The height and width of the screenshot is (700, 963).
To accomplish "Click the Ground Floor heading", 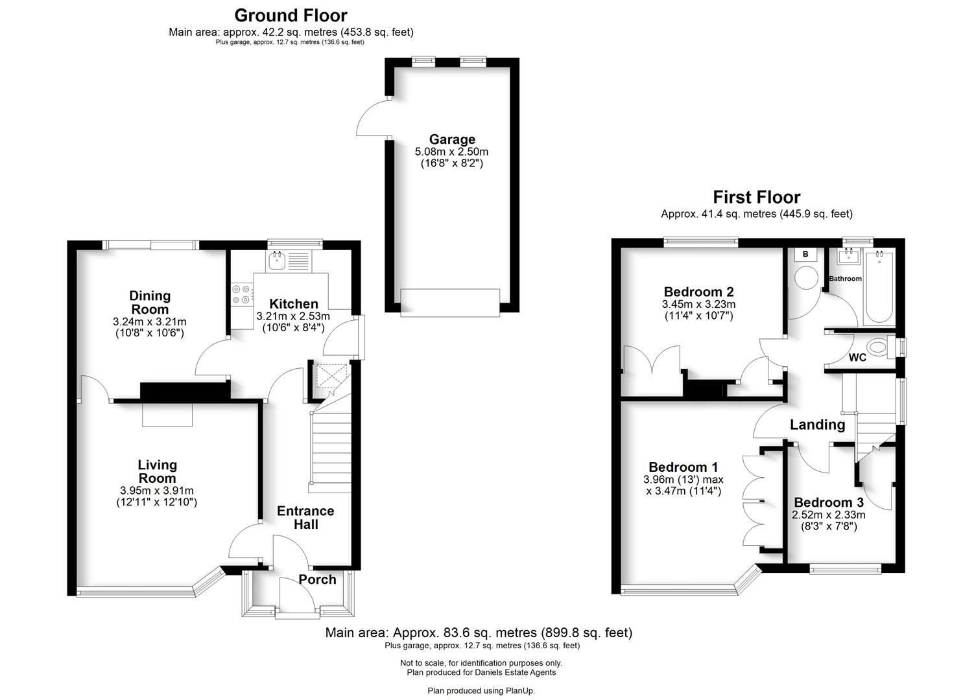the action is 291,16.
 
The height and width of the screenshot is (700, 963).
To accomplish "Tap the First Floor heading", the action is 757,197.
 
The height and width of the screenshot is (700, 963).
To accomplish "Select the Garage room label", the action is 452,139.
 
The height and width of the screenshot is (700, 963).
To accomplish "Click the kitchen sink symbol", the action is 276,261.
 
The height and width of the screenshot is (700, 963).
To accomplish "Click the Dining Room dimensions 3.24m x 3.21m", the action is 150,321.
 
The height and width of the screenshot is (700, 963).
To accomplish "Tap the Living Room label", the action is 157,471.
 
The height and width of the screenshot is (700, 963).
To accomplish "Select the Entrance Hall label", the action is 305,517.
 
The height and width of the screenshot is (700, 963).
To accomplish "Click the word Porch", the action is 317,579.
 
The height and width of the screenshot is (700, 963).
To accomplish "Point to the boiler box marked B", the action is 805,254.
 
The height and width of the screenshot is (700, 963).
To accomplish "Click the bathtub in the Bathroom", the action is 879,287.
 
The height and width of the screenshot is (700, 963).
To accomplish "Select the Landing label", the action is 817,425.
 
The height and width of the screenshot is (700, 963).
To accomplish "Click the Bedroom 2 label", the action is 698,292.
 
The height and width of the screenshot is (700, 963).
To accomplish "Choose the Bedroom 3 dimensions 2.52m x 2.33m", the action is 828,515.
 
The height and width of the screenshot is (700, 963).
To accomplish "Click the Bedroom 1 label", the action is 684,467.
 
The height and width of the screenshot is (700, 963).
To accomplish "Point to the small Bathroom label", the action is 845,279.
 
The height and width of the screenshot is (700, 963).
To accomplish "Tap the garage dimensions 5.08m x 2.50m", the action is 451,152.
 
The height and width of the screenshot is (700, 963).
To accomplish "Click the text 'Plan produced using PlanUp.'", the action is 481,690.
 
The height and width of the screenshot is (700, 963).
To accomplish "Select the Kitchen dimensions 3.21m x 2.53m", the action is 293,316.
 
